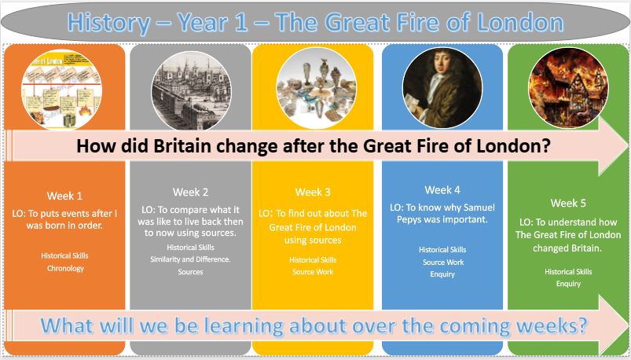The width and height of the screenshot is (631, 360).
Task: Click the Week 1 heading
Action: point(64,196)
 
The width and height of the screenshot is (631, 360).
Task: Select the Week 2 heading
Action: point(190,192)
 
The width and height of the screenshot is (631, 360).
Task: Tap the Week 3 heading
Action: point(313,192)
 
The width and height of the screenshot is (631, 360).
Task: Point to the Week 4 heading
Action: point(442,190)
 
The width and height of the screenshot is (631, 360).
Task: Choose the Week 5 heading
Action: point(568,204)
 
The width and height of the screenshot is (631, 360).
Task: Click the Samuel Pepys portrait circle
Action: point(442,89)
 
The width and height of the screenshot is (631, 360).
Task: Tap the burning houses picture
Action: point(568,88)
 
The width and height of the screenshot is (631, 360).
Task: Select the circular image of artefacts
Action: point(317,89)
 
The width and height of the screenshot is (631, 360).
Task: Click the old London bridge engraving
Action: point(191,90)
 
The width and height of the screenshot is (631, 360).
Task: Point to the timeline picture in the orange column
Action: point(61,90)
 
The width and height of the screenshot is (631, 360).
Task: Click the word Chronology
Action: point(65,268)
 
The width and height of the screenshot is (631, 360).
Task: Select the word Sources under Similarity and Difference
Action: point(190,272)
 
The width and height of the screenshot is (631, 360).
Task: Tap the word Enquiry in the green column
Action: point(568,284)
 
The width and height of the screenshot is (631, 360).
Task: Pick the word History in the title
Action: point(108,23)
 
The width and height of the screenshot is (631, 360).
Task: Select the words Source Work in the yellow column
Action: point(313,272)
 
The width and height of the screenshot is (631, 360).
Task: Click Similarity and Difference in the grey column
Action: point(190,259)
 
